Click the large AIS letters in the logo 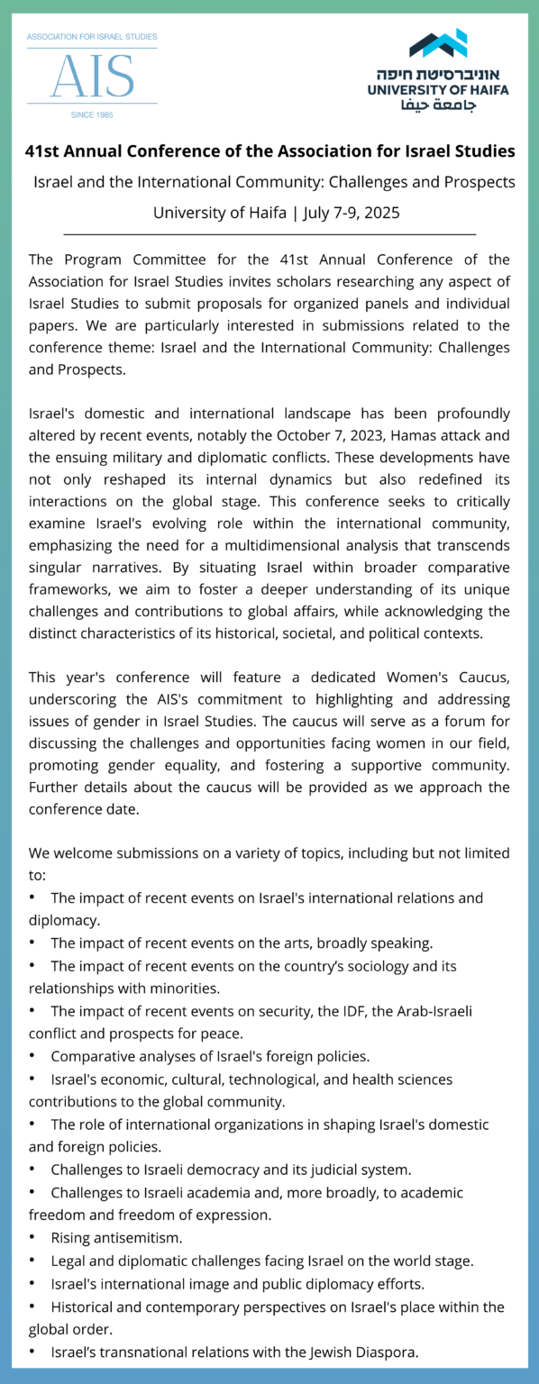[x=92, y=76]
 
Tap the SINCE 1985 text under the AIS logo [x=92, y=114]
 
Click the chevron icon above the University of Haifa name [x=438, y=42]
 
